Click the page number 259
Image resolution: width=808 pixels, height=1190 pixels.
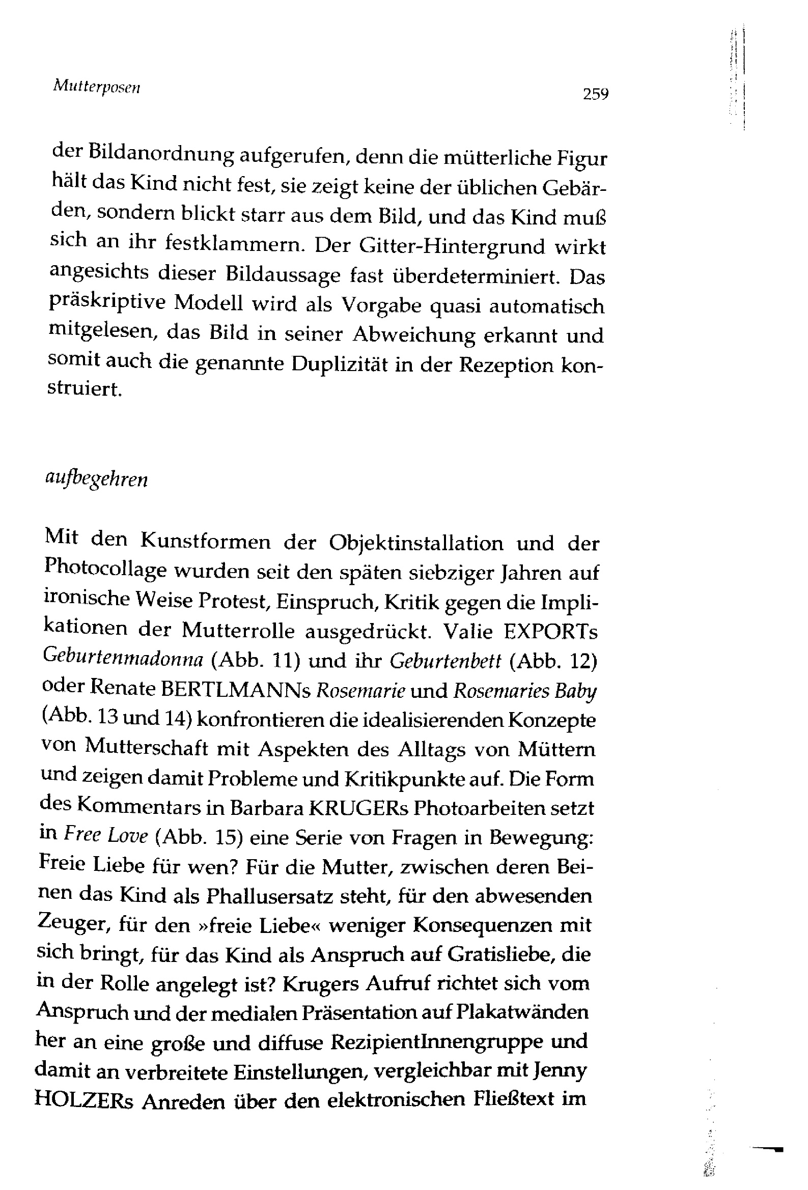tap(595, 94)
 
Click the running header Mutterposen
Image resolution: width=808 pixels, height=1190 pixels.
tap(96, 87)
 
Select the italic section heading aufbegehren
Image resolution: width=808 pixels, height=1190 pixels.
tap(97, 480)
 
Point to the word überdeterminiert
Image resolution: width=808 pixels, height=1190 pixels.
tap(475, 276)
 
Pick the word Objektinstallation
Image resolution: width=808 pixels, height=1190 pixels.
tap(416, 542)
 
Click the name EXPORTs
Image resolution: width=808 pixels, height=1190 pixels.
tap(551, 631)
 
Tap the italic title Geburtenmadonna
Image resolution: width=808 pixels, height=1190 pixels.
tap(124, 659)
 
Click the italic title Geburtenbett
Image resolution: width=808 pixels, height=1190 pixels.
tap(445, 661)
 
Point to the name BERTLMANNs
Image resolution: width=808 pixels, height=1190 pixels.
tap(236, 690)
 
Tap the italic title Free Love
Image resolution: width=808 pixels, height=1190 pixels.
tap(106, 836)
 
